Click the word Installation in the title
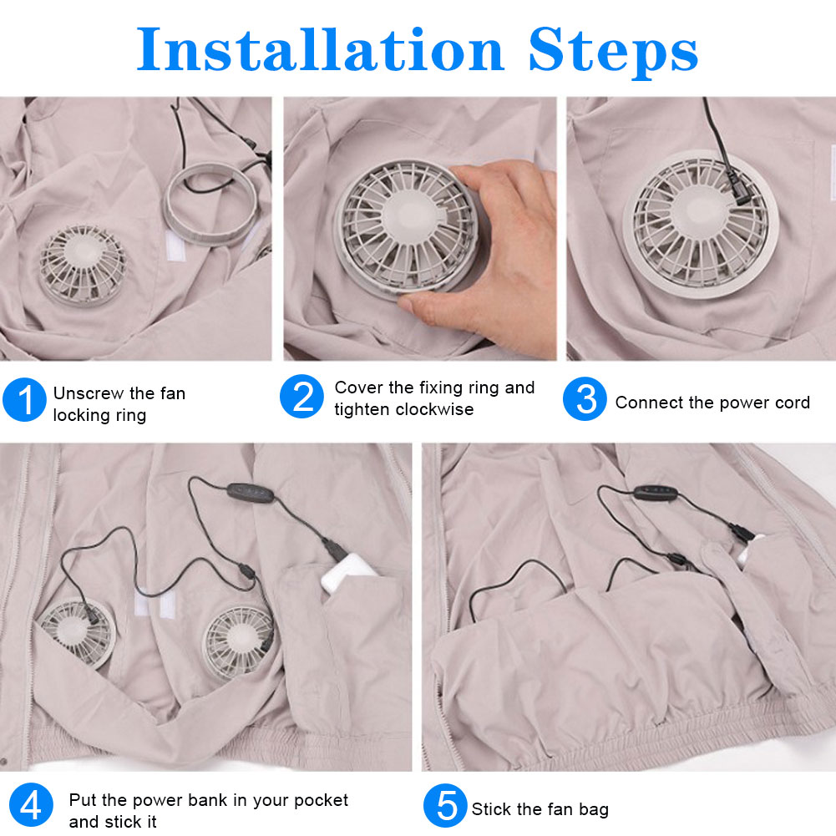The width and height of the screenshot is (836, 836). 321,49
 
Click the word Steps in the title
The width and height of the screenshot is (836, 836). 613,53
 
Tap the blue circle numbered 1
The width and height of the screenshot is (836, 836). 24,400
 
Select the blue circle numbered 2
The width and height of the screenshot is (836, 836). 301,396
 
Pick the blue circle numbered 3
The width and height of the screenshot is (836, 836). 585,399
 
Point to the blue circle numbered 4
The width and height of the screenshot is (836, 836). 31,805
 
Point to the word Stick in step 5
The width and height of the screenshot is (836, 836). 492,808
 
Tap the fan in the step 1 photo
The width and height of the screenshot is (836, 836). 83,266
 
